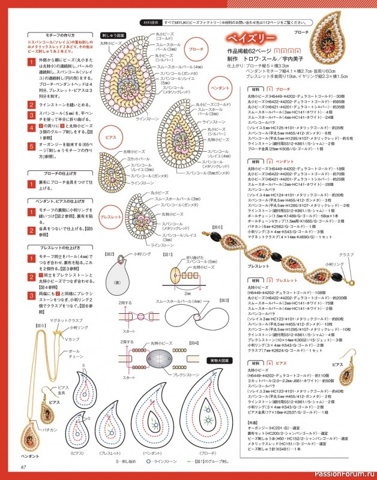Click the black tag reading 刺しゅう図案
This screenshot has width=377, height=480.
click(x=112, y=35)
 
